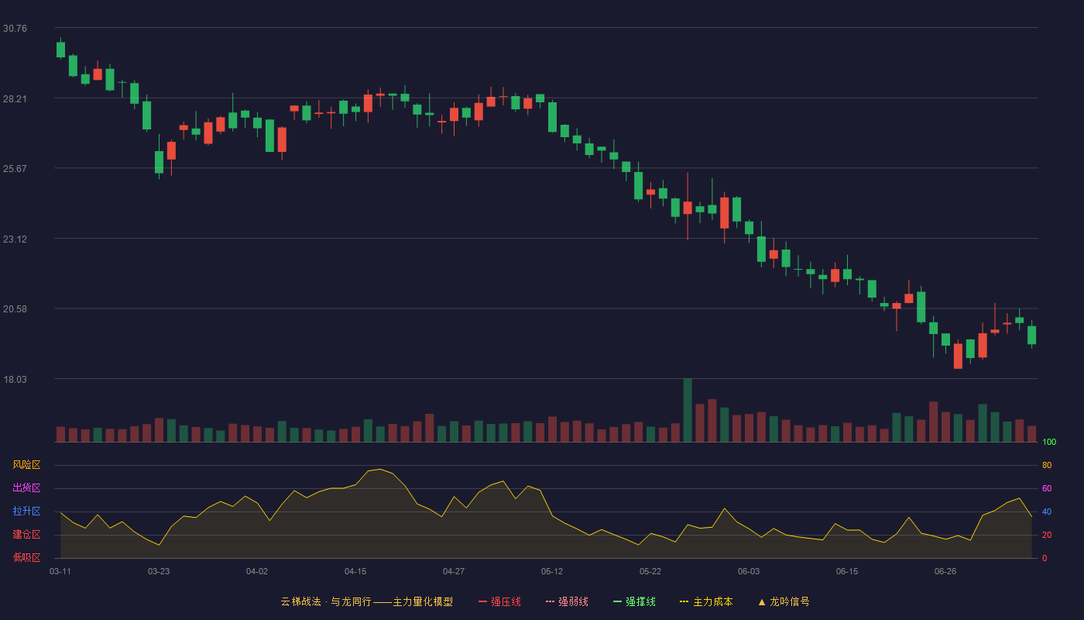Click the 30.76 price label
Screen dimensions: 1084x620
tap(15, 29)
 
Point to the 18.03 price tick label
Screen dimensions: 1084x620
tap(15, 379)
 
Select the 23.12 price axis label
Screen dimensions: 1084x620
tap(15, 239)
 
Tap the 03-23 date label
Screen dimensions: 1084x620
tap(159, 572)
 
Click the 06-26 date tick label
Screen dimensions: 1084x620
tap(945, 572)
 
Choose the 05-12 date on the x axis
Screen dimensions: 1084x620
tap(551, 572)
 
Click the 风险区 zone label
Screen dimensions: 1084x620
tap(26, 465)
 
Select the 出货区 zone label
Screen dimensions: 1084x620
tap(26, 487)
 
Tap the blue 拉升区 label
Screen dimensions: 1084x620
tap(26, 511)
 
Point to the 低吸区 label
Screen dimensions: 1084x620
tap(26, 557)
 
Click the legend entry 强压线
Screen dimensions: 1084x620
tap(499, 601)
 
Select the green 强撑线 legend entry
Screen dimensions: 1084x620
tap(634, 601)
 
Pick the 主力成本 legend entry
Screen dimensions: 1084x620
tap(706, 601)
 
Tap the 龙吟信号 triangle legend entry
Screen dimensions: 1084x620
tap(784, 601)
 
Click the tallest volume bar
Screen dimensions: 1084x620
tap(688, 410)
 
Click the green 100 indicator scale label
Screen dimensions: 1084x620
tap(1049, 442)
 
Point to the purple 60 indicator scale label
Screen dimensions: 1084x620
tap(1047, 488)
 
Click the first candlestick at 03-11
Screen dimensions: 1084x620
tap(60, 50)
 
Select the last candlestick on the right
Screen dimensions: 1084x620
tap(1031, 335)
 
